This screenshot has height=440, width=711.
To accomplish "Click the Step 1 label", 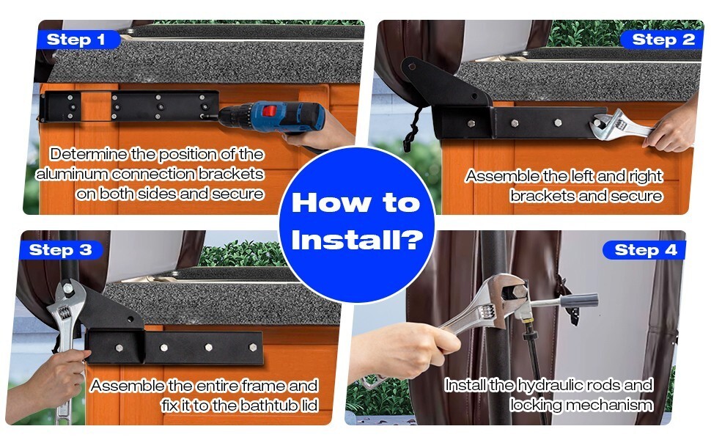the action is click(76, 40).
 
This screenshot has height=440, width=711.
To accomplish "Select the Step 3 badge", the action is click(60, 250).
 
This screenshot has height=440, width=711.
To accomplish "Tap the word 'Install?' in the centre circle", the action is click(357, 240).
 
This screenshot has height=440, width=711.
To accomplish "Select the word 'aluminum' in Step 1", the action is click(71, 175).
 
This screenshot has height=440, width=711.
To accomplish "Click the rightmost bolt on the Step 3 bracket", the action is click(253, 348).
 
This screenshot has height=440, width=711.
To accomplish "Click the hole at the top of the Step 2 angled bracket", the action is click(412, 67).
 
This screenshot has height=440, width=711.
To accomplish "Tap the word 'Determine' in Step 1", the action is click(89, 154).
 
